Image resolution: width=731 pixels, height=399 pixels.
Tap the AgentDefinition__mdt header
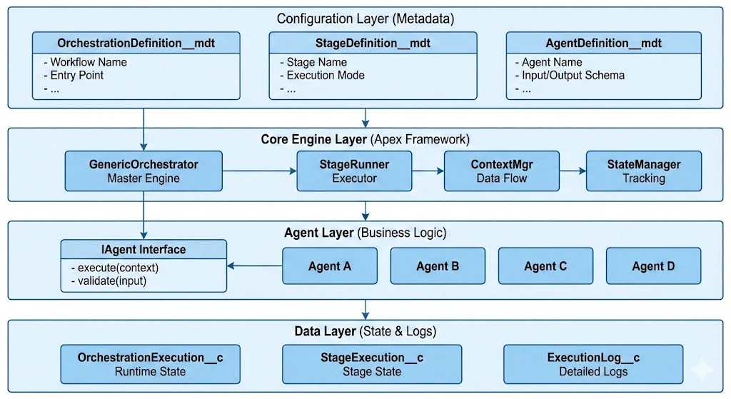tap(600, 44)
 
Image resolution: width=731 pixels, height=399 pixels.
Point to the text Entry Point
tap(76, 75)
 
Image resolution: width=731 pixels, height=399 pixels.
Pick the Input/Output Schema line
tap(573, 75)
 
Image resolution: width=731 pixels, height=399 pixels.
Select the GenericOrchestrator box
tap(143, 171)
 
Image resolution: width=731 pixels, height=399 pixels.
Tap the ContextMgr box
tap(502, 171)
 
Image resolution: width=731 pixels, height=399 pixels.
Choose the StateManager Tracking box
tap(643, 171)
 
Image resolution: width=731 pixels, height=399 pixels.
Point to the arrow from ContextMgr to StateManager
tap(573, 171)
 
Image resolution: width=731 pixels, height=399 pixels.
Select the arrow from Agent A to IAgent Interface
tap(255, 266)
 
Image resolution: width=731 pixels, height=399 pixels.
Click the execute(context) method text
tap(115, 268)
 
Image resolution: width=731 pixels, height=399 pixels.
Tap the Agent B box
tap(438, 266)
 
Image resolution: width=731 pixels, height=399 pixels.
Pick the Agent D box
tap(653, 266)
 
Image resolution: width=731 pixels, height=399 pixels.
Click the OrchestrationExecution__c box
tap(150, 364)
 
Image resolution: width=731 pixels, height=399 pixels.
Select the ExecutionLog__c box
tap(593, 364)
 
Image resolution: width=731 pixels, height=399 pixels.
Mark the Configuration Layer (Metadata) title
tap(365, 19)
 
